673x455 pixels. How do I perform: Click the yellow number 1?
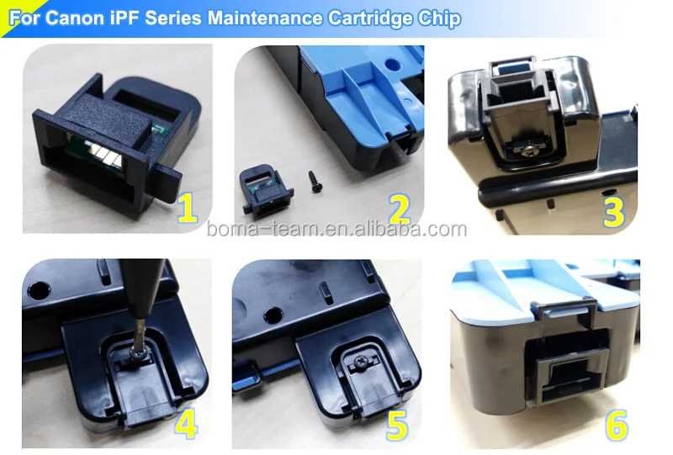tap(187, 208)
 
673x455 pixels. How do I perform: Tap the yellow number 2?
tap(399, 208)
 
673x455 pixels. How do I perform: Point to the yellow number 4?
tap(186, 424)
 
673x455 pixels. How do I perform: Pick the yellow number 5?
tap(398, 424)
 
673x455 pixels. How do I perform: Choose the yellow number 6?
tap(617, 425)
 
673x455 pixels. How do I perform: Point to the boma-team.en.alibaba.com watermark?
tap(336, 230)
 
